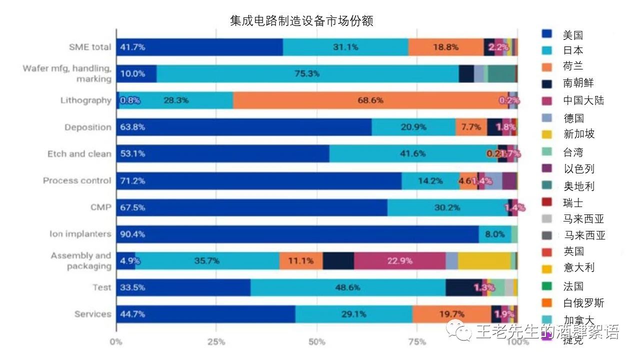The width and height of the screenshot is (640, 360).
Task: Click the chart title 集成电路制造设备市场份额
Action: [x=301, y=21]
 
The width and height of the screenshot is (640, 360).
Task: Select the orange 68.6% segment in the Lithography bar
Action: [x=370, y=100]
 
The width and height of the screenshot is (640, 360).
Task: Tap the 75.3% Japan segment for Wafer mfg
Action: [x=307, y=73]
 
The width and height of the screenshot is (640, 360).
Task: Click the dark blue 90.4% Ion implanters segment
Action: [x=297, y=234]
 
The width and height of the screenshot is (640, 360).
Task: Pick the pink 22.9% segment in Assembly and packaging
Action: [x=399, y=260]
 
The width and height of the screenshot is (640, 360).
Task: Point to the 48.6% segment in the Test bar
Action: [x=347, y=287]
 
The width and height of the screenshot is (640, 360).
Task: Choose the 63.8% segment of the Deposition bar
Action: [x=244, y=127]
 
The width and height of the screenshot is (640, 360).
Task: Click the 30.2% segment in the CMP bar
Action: [x=447, y=207]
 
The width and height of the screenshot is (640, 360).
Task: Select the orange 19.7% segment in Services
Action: [x=451, y=314]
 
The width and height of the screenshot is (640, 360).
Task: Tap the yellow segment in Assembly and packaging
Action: [x=483, y=260]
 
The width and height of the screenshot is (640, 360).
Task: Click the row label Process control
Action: [x=77, y=180]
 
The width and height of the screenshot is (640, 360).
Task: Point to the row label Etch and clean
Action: [x=79, y=153]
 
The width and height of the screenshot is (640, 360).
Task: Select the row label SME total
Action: [x=90, y=47]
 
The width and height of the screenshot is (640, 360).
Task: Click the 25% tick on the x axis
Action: [x=216, y=342]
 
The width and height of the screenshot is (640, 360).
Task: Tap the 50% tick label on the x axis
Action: [x=317, y=342]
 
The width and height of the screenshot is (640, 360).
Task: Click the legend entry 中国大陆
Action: [x=583, y=100]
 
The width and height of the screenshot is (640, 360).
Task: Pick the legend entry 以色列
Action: [x=578, y=169]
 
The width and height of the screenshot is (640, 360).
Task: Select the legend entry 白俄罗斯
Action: [x=583, y=303]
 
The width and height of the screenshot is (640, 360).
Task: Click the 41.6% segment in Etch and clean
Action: [x=413, y=153]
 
